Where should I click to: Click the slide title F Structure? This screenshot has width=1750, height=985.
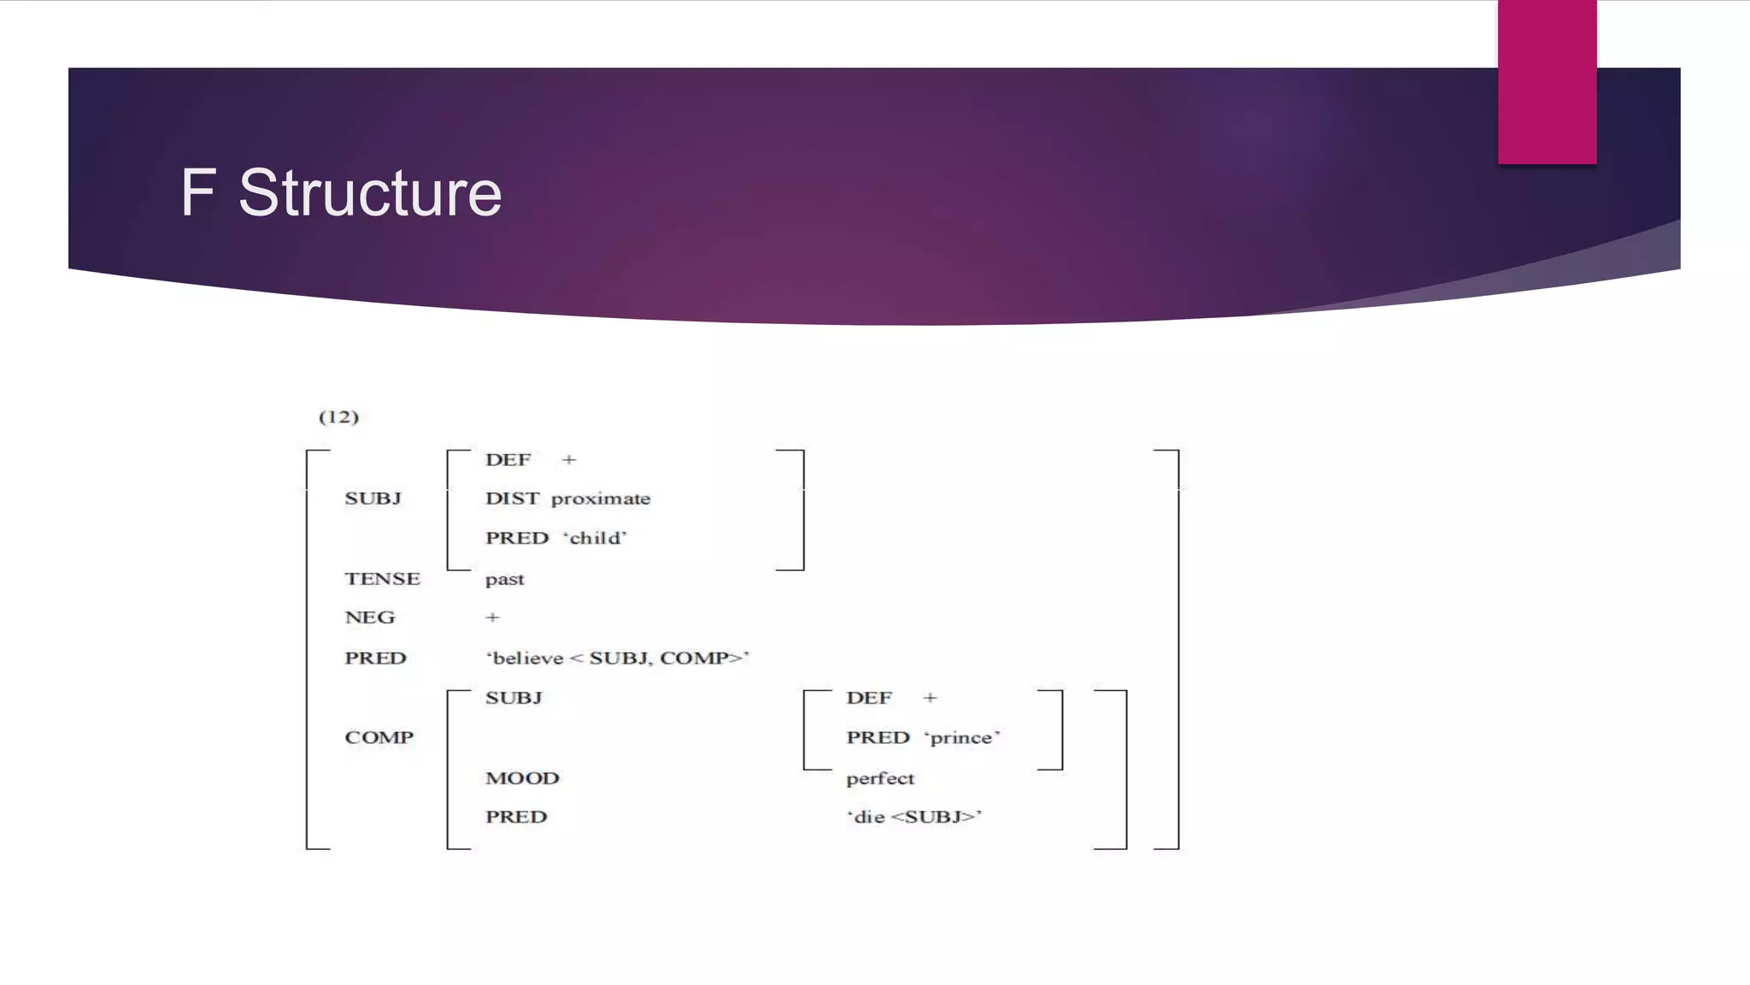click(340, 192)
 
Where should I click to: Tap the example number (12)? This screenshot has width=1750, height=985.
click(338, 416)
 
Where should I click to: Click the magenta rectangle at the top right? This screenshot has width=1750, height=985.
click(1547, 81)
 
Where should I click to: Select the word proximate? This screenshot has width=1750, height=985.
click(601, 498)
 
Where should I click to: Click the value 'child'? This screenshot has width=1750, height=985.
click(595, 538)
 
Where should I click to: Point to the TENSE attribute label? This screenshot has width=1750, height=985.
click(382, 579)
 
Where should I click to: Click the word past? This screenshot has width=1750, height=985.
click(504, 580)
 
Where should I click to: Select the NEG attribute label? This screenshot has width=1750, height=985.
click(369, 617)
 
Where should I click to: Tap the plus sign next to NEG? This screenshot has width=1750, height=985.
click(492, 617)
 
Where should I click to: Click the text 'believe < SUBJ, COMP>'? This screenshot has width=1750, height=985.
click(617, 658)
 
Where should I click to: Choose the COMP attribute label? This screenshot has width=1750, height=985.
click(379, 737)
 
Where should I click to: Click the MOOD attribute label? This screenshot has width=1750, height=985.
click(522, 778)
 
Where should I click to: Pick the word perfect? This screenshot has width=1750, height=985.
click(879, 778)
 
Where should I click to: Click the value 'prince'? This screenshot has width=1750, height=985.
click(961, 737)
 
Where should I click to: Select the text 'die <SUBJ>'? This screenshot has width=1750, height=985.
click(913, 817)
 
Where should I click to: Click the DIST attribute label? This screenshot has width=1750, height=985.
click(512, 498)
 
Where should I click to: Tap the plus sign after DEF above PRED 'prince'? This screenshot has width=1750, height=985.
click(930, 698)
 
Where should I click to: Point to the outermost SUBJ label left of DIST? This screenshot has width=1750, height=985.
click(373, 498)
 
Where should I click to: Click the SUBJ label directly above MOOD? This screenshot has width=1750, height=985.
click(514, 698)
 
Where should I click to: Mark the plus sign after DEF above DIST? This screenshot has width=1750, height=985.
click(569, 460)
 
